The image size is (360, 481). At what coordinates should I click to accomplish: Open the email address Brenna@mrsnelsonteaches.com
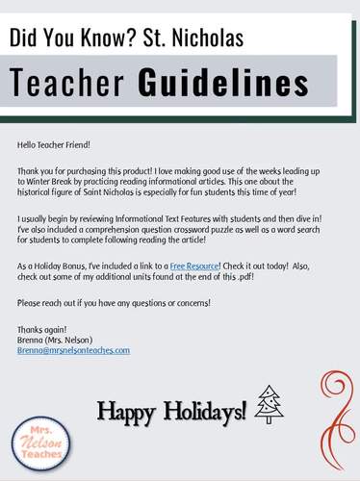[73, 351]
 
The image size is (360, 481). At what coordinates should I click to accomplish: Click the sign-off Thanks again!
[39, 329]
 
